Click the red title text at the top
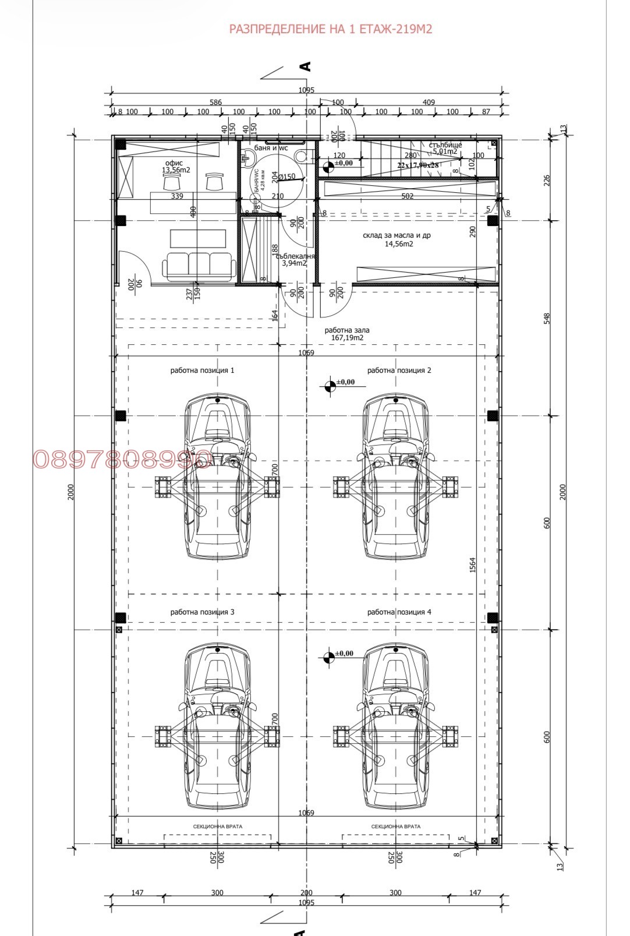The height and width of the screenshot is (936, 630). tap(331, 29)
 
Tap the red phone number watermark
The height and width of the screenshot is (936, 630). tap(122, 460)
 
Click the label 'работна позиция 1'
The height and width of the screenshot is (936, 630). tap(202, 370)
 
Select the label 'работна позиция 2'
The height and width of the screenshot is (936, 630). tap(399, 370)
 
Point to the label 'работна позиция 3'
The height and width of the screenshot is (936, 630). tap(202, 612)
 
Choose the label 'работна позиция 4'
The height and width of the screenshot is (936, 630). tap(399, 612)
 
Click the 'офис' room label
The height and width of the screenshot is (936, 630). tap(174, 163)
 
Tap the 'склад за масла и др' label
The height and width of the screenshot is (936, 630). tap(397, 236)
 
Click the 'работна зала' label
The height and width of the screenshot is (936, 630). tap(347, 330)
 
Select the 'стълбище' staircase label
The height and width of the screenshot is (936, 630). tap(445, 145)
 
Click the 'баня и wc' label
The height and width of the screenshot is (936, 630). tap(271, 148)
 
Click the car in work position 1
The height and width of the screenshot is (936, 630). tap(217, 476)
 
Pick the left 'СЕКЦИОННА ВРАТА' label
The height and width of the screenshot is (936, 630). tap(217, 826)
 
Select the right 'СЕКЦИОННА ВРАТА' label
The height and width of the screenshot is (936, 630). tap(395, 826)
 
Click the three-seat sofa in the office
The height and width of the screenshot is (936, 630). tap(199, 266)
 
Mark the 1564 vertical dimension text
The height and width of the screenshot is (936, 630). tap(473, 565)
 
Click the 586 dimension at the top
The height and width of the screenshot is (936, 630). tap(215, 103)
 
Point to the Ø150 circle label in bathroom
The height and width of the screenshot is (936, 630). tap(286, 177)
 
